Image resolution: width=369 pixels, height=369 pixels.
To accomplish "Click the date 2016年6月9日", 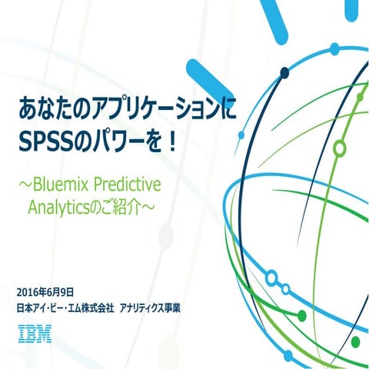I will click(45, 291).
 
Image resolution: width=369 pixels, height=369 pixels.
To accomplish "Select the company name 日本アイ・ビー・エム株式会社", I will click(65, 307).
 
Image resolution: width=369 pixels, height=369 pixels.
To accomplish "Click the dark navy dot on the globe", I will click(284, 73).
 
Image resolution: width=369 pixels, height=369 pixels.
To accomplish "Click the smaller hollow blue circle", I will click(285, 289).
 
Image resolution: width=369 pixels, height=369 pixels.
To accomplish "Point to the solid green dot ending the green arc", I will click(302, 316).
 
